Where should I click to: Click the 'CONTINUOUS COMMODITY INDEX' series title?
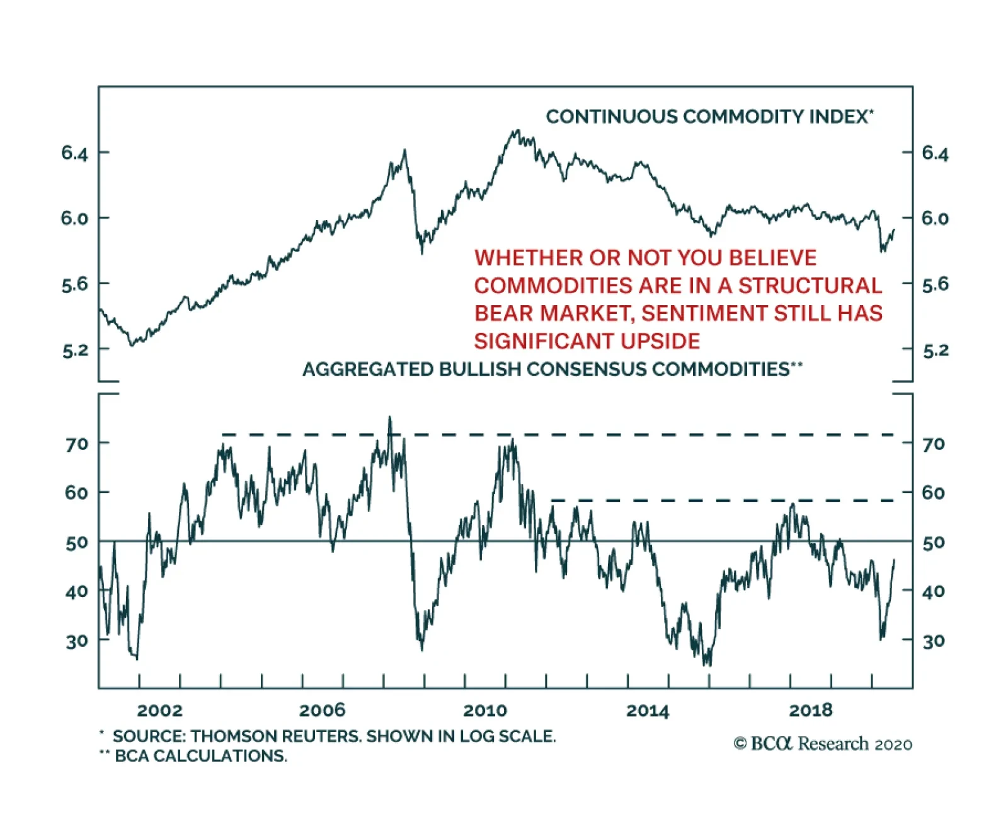(x=709, y=117)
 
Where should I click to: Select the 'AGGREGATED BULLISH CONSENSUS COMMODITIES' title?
(x=552, y=369)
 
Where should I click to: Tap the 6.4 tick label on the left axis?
(x=75, y=153)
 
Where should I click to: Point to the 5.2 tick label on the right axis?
(x=935, y=350)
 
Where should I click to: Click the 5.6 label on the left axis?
(x=75, y=284)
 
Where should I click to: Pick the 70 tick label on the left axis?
(x=77, y=444)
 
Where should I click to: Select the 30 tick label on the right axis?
(x=934, y=641)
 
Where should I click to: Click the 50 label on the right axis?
(x=934, y=542)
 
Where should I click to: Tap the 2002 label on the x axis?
(x=159, y=710)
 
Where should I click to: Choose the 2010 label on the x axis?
(x=485, y=710)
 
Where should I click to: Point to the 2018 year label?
(x=811, y=710)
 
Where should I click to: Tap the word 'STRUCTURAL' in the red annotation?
(x=810, y=286)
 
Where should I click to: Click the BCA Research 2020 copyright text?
(x=823, y=744)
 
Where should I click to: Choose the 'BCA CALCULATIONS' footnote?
(x=200, y=755)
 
